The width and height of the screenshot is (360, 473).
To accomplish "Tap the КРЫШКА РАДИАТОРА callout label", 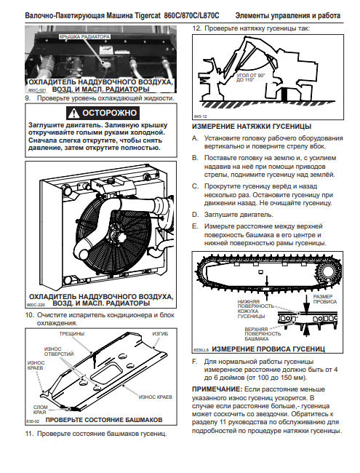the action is click(84, 37).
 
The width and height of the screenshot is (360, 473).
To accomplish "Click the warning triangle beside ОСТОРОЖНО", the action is click(74, 113).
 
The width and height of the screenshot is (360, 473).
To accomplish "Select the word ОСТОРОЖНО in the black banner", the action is click(109, 113).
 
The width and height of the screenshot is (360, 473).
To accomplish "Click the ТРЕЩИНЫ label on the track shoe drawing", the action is click(71, 333).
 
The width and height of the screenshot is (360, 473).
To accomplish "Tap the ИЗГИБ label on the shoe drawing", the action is click(160, 333).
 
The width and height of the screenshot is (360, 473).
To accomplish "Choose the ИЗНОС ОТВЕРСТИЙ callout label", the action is click(59, 351).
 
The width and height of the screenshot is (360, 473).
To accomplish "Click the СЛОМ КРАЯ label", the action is click(40, 410).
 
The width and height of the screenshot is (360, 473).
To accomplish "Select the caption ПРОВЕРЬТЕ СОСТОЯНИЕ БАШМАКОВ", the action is click(104, 420).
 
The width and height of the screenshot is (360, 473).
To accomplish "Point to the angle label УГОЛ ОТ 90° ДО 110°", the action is click(250, 78).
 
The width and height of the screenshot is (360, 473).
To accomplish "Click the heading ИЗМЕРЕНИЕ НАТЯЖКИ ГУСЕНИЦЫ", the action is click(252, 127).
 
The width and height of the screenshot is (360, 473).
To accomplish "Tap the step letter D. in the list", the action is click(196, 215).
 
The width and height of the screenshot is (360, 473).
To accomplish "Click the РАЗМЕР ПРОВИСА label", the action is click(324, 299).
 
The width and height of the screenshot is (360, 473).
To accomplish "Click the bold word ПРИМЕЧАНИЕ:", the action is click(217, 389).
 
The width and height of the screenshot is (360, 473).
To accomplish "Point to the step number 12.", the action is click(196, 28).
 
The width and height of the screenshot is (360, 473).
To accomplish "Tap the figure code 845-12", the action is click(200, 116).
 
